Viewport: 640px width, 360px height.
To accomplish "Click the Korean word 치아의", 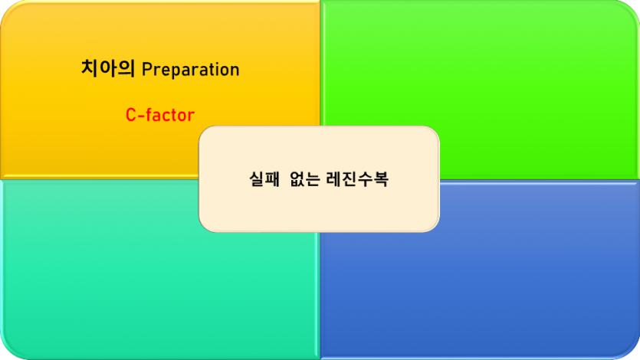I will coord(108,69).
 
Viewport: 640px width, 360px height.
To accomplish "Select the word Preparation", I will coord(191,70).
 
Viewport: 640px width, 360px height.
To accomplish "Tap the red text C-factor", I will coord(160,116).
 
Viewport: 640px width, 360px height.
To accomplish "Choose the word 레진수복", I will coord(360,181).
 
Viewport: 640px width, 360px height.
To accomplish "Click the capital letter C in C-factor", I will coord(130,116).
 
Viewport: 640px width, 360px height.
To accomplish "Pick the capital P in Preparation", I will coord(146,70).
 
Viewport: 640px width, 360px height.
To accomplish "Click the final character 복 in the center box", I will coord(381,181).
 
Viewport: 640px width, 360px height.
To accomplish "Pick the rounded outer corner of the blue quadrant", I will coord(632,351).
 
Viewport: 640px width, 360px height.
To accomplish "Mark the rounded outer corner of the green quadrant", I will coord(632,9).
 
